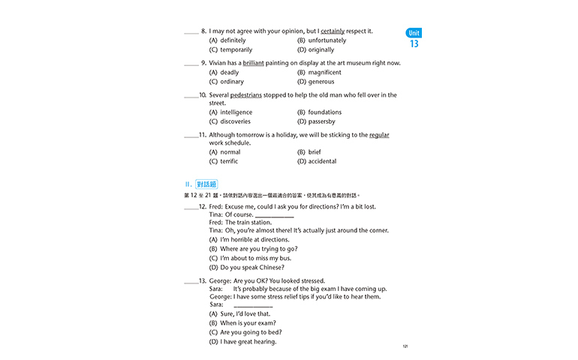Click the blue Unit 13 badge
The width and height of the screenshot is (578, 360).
pyautogui.click(x=414, y=39)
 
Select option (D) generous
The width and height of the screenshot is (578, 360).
pyautogui.click(x=315, y=82)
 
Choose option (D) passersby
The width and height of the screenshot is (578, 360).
pyautogui.click(x=316, y=121)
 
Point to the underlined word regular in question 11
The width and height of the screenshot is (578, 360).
pyautogui.click(x=379, y=135)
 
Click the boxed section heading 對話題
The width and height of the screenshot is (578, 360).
pyautogui.click(x=206, y=184)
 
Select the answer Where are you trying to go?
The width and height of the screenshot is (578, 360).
pyautogui.click(x=258, y=249)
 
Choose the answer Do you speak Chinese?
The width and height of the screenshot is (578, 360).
pyautogui.click(x=251, y=268)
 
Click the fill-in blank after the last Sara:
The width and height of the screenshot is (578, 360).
pyautogui.click(x=253, y=305)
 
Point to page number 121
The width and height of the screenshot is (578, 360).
pyautogui.click(x=405, y=346)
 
